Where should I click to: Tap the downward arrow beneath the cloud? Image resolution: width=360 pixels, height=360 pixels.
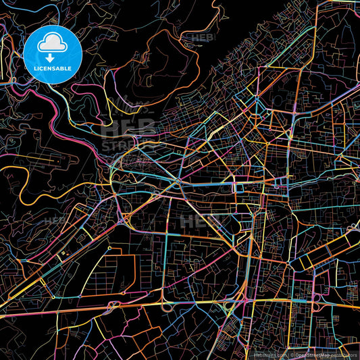pos(52,58)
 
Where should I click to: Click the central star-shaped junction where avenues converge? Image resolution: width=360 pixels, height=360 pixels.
pos(177,182)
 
